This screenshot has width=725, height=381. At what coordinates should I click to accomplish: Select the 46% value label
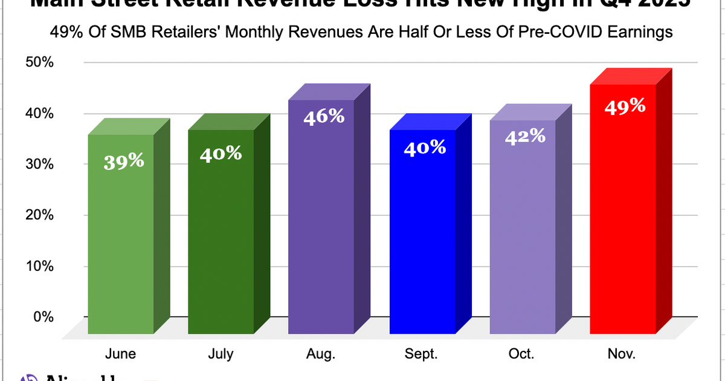click(x=324, y=116)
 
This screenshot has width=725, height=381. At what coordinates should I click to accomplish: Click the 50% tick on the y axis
click(x=40, y=62)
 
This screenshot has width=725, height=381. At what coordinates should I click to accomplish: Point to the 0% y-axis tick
click(x=42, y=316)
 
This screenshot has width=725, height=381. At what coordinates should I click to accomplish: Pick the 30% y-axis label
click(x=40, y=164)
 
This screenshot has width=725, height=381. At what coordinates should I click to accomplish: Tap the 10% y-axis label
click(x=40, y=265)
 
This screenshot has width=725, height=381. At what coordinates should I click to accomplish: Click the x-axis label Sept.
click(x=422, y=354)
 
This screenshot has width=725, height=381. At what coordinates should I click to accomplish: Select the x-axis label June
click(x=120, y=354)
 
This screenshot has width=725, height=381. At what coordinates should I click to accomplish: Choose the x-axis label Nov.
click(x=622, y=354)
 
